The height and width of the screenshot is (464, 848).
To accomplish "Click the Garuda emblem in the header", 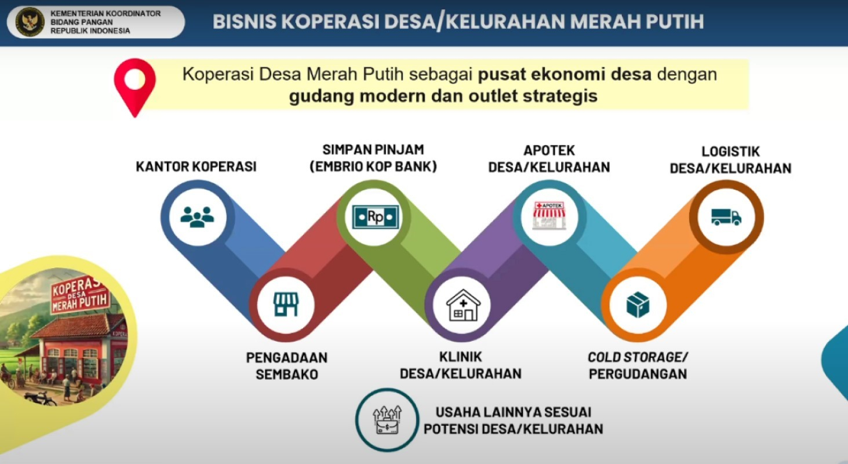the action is (30, 21).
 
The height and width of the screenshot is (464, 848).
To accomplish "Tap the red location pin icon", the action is (135, 88).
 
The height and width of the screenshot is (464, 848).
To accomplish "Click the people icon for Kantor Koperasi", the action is (197, 217).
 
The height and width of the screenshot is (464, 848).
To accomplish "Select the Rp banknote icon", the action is (375, 217).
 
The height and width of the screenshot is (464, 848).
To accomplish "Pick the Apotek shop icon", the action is (549, 216).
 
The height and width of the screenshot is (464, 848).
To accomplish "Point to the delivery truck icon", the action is (726, 217).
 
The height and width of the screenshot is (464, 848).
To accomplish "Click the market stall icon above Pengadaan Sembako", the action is (286, 304).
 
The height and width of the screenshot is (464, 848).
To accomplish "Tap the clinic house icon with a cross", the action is (463, 305).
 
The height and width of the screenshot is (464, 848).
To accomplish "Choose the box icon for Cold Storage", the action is (638, 304).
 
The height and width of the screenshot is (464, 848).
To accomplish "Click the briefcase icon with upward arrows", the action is (387, 420).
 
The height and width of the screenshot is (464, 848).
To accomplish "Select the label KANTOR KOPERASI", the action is (196, 166).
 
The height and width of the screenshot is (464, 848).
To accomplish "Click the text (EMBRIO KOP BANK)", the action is (373, 166).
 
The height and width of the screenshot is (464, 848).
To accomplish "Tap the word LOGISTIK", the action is (731, 151).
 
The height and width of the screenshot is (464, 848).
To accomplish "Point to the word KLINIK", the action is (460, 357).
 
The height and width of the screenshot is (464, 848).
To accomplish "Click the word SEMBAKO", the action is (286, 375).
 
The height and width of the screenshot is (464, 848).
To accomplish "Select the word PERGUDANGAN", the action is (638, 374).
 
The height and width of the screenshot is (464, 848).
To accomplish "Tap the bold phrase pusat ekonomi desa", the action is (565, 75).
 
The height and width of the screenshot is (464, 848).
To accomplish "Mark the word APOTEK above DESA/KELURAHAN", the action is (549, 150).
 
